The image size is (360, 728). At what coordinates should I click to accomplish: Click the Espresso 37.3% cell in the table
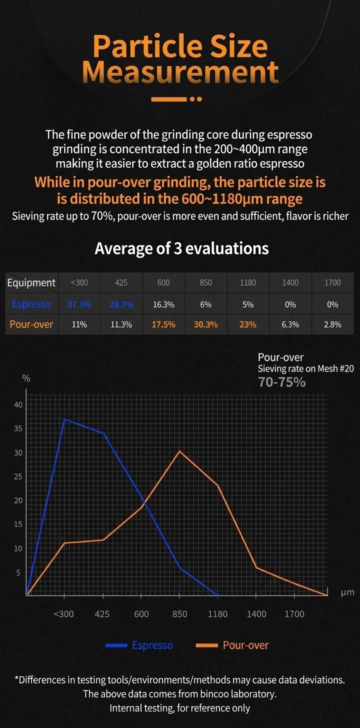[x=79, y=304]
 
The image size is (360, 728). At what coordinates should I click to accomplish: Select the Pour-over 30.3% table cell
[x=205, y=324]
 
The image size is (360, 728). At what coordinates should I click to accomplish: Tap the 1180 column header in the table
[x=248, y=283]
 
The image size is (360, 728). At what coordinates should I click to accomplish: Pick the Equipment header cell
[x=31, y=283]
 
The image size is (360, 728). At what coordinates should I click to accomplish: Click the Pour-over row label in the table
[x=31, y=324]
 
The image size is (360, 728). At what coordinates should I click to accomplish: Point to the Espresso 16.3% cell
[x=163, y=304]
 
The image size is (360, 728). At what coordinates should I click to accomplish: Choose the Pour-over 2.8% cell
[x=332, y=324]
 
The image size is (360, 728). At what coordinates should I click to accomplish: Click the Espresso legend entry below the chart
[x=139, y=645]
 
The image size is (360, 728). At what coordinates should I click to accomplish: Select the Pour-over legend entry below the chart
[x=232, y=645]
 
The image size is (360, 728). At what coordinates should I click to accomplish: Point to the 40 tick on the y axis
[x=18, y=404]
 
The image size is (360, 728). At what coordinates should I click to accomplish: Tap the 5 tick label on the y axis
[x=18, y=572]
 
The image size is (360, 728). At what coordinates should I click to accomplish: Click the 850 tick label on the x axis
[x=179, y=614]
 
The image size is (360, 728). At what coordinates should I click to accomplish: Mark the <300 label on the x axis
[x=63, y=614]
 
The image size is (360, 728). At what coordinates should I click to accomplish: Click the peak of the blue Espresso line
[x=64, y=419]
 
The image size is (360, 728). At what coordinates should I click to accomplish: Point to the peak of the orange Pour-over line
[x=179, y=451]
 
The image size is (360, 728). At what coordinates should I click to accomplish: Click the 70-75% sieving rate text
[x=281, y=382]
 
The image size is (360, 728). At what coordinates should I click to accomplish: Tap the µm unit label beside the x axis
[x=347, y=592]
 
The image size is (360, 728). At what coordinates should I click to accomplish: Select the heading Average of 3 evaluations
[x=181, y=248]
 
